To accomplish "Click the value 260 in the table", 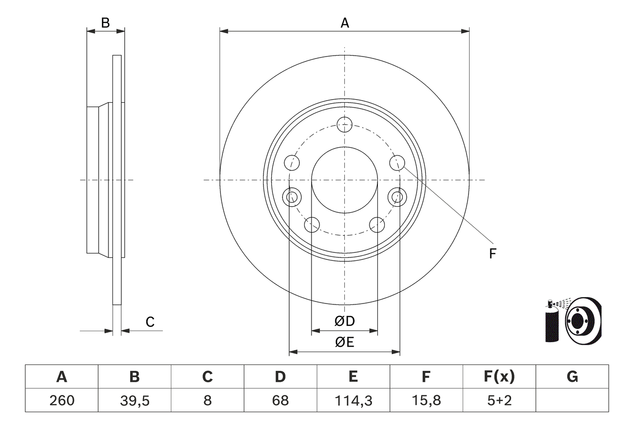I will (x=61, y=400).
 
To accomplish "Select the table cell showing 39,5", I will (x=134, y=400).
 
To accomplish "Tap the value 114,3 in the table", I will (x=353, y=400).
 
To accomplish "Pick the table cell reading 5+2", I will (x=499, y=400).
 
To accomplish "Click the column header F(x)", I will (x=499, y=377).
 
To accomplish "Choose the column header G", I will (x=572, y=377).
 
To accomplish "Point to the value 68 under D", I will (x=280, y=400).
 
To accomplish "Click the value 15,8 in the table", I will (x=426, y=400).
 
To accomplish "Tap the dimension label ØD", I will (x=345, y=321).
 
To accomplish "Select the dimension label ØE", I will (x=345, y=342).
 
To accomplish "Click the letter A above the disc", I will (x=345, y=22).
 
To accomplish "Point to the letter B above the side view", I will (x=105, y=22).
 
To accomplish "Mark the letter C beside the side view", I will (x=150, y=322).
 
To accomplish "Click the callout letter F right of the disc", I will (x=492, y=254).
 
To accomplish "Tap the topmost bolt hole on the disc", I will (x=344, y=124).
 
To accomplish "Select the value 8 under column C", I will (x=207, y=400).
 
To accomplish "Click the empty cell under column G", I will (x=572, y=400).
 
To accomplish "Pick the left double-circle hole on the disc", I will (x=292, y=197).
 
